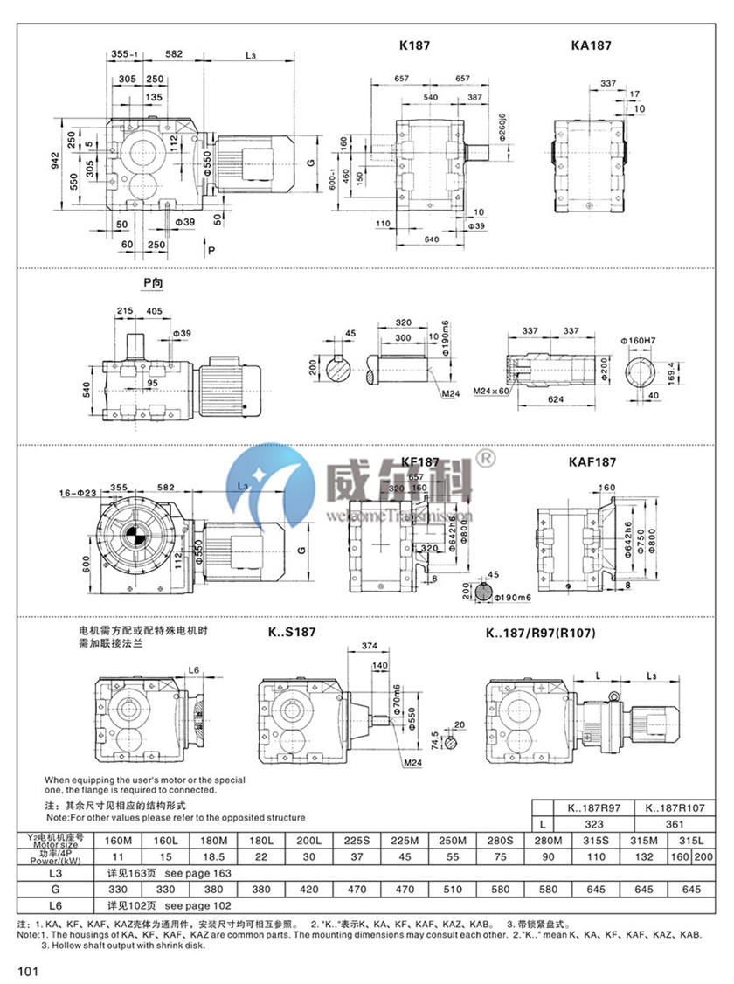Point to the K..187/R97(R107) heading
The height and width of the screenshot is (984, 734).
538,632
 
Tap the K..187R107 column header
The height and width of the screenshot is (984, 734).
673,808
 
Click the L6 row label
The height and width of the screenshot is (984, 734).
56,904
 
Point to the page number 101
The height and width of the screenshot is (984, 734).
27,969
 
